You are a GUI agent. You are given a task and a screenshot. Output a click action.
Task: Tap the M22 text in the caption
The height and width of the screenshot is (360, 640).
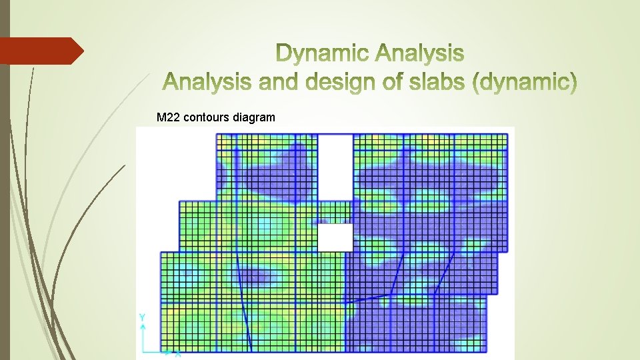(x=168, y=118)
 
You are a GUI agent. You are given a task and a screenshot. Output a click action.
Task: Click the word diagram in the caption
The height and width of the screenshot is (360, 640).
(x=253, y=118)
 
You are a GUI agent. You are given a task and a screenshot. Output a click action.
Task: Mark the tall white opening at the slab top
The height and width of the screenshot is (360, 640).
(x=335, y=167)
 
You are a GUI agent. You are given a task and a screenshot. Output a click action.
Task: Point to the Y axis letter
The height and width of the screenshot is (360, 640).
(x=142, y=318)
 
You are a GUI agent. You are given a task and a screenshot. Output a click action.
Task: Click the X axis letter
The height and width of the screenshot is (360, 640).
(x=178, y=355)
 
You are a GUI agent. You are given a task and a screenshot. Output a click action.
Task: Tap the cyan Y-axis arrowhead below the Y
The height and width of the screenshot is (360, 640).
(x=142, y=327)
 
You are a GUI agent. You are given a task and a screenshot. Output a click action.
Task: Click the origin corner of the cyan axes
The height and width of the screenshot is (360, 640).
(x=143, y=351)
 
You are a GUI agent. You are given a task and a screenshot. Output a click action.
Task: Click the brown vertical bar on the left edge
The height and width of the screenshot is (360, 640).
(x=5, y=180)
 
